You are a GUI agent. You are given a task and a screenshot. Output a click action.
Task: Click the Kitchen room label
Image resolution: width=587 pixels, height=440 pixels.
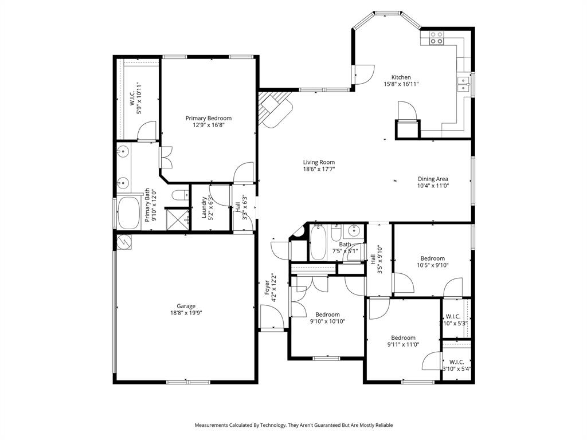pyautogui.click(x=401, y=77)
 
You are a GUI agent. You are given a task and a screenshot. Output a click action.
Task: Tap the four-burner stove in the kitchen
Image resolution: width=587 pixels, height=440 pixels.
pyautogui.click(x=436, y=38)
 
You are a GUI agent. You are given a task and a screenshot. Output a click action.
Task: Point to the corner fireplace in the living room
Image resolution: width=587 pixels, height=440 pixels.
pyautogui.click(x=274, y=109)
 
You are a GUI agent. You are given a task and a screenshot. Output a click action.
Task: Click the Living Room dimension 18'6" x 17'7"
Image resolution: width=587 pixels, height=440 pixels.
pyautogui.click(x=319, y=169)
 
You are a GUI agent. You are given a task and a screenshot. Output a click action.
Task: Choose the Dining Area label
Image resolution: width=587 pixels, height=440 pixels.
pyautogui.click(x=433, y=179)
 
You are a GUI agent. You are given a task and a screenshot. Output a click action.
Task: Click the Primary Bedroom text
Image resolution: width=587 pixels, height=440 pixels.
pyautogui.click(x=209, y=118)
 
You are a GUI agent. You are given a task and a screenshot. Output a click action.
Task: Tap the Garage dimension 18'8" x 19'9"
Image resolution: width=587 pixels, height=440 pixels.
pyautogui.click(x=186, y=313)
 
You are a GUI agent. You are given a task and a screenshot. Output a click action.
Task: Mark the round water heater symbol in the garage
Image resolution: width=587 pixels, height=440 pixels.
pyautogui.click(x=124, y=243)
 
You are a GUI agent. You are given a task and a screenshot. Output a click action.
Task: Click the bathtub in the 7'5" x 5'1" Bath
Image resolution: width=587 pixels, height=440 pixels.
pyautogui.click(x=318, y=243)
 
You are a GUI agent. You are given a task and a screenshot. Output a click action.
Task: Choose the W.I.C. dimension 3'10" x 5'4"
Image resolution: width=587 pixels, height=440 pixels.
pyautogui.click(x=456, y=368)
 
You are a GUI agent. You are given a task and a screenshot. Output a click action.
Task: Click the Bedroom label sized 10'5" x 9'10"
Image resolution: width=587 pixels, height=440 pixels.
pyautogui.click(x=432, y=258)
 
